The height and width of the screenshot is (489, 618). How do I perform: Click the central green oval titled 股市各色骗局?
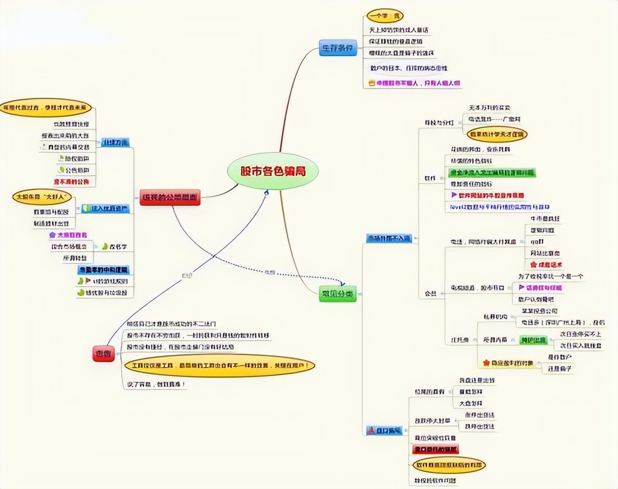click(273, 171)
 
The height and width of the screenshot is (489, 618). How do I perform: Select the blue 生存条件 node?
click(338, 48)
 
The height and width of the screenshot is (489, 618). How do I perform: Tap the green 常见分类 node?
click(337, 294)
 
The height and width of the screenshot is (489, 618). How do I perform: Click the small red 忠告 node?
click(103, 353)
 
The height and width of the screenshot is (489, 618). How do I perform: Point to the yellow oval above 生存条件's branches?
click(384, 16)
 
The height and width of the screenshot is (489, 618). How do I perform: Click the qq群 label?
click(537, 242)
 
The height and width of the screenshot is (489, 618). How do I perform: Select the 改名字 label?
click(118, 246)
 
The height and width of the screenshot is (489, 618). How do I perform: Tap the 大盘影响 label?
click(471, 403)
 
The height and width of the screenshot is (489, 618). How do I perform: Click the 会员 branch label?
click(430, 293)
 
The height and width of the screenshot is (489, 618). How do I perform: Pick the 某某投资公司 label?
click(539, 311)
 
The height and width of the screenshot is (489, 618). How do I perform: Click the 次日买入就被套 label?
click(580, 345)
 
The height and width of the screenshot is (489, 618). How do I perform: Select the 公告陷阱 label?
click(77, 170)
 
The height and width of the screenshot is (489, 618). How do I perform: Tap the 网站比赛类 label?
click(545, 253)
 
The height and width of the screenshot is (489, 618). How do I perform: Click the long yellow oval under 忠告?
click(219, 366)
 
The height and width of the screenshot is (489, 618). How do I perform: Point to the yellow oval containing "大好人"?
click(42, 197)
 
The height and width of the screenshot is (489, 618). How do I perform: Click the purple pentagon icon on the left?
click(53, 235)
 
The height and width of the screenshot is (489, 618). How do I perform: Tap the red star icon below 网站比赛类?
click(534, 264)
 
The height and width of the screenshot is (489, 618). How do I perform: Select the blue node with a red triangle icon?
click(384, 430)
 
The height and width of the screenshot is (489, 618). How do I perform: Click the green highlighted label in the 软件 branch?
click(492, 172)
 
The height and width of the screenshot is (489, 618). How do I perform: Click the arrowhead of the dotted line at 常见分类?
click(344, 285)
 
